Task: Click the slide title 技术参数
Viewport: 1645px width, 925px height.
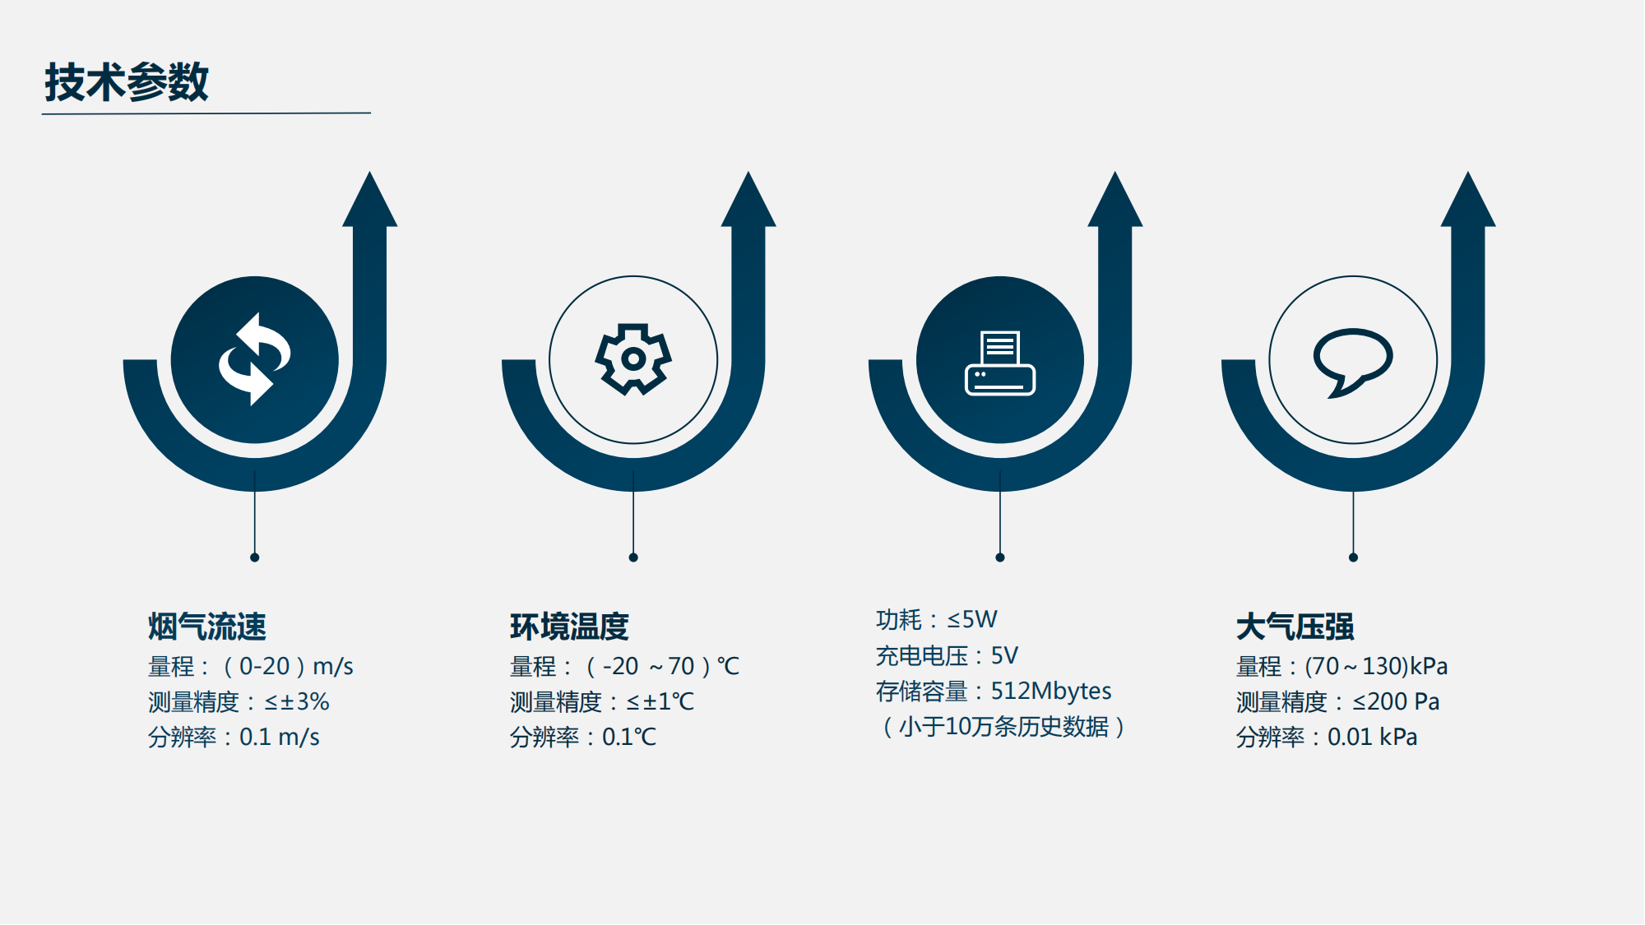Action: click(127, 82)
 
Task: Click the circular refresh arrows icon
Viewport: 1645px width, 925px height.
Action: click(255, 359)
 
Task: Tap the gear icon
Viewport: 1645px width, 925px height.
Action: click(633, 359)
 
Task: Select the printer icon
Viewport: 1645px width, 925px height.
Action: click(1000, 363)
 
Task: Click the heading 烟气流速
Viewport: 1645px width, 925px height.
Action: click(207, 627)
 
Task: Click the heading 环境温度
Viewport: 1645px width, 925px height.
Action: click(569, 627)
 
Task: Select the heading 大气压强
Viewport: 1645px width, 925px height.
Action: click(1295, 627)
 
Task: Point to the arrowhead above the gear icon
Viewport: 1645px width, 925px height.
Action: click(748, 199)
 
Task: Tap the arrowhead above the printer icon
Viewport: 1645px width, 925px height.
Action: click(1115, 199)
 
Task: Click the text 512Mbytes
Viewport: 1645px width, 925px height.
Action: click(1051, 691)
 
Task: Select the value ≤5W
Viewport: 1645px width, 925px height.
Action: click(972, 619)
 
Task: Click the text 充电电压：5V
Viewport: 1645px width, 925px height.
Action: click(947, 655)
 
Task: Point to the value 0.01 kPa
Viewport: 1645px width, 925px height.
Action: click(1373, 737)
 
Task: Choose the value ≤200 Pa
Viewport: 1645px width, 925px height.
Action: click(1396, 701)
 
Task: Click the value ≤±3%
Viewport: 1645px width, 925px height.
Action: click(297, 701)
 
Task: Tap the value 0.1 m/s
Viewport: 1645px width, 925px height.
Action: click(280, 737)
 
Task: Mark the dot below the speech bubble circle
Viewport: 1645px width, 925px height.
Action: click(1353, 557)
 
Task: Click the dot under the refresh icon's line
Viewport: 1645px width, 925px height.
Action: click(255, 557)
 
